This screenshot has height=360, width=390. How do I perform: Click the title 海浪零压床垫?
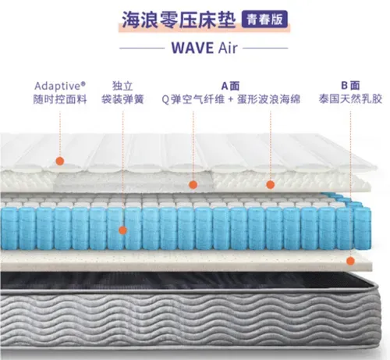(179, 20)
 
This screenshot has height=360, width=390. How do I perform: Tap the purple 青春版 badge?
(264, 20)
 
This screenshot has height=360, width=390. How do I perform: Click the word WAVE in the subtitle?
(193, 48)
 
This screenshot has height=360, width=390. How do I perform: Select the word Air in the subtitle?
(228, 48)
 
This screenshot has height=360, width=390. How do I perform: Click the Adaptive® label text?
(60, 86)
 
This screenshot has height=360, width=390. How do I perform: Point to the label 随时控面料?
(60, 99)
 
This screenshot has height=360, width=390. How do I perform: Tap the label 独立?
(122, 86)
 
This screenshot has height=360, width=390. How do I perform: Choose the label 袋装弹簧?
(122, 99)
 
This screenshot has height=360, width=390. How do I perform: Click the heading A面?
(230, 86)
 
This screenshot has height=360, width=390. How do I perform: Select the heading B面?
(350, 85)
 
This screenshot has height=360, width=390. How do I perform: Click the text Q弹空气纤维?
(193, 99)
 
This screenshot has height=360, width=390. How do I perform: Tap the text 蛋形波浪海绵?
(268, 99)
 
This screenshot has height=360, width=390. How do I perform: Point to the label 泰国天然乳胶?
(350, 99)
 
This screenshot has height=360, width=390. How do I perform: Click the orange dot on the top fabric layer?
(60, 161)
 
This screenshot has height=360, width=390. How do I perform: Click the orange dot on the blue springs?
(122, 230)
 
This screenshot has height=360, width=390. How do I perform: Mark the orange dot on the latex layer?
(350, 261)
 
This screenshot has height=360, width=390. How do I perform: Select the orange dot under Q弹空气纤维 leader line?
(193, 185)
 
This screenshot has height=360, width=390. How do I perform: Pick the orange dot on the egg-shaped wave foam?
(271, 185)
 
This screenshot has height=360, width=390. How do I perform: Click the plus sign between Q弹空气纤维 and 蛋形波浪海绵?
(230, 100)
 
